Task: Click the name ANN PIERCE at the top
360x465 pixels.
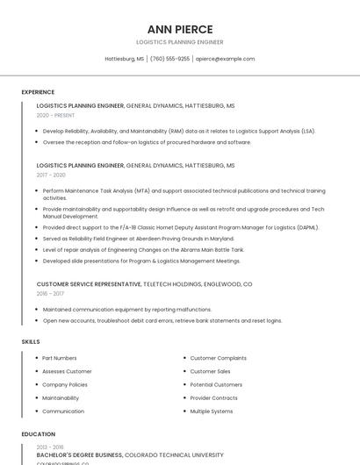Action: pyautogui.click(x=180, y=29)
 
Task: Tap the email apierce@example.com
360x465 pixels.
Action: pyautogui.click(x=225, y=59)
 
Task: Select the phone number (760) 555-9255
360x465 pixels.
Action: pyautogui.click(x=169, y=59)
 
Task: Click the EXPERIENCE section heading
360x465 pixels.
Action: pyautogui.click(x=38, y=92)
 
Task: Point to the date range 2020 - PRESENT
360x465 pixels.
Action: pyautogui.click(x=55, y=115)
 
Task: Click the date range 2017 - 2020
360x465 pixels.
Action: pyautogui.click(x=51, y=175)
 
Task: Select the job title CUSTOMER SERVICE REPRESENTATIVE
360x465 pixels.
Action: pyautogui.click(x=88, y=284)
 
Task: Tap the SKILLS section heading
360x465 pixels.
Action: pyautogui.click(x=31, y=341)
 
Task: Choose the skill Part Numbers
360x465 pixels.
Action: pyautogui.click(x=60, y=358)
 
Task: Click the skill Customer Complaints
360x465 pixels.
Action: pyautogui.click(x=219, y=358)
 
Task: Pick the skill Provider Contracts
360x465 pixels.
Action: pyautogui.click(x=214, y=397)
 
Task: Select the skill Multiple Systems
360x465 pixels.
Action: pyautogui.click(x=212, y=411)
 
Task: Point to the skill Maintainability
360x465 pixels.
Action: pyautogui.click(x=61, y=397)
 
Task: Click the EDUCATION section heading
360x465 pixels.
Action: pyautogui.click(x=38, y=434)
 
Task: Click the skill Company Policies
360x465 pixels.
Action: pyautogui.click(x=65, y=384)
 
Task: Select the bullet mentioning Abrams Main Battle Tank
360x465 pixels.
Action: pyautogui.click(x=143, y=249)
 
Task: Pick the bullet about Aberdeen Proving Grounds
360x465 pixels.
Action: pyautogui.click(x=138, y=238)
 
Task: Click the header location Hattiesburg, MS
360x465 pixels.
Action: pyautogui.click(x=125, y=59)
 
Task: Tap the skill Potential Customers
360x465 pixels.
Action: pyautogui.click(x=216, y=384)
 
